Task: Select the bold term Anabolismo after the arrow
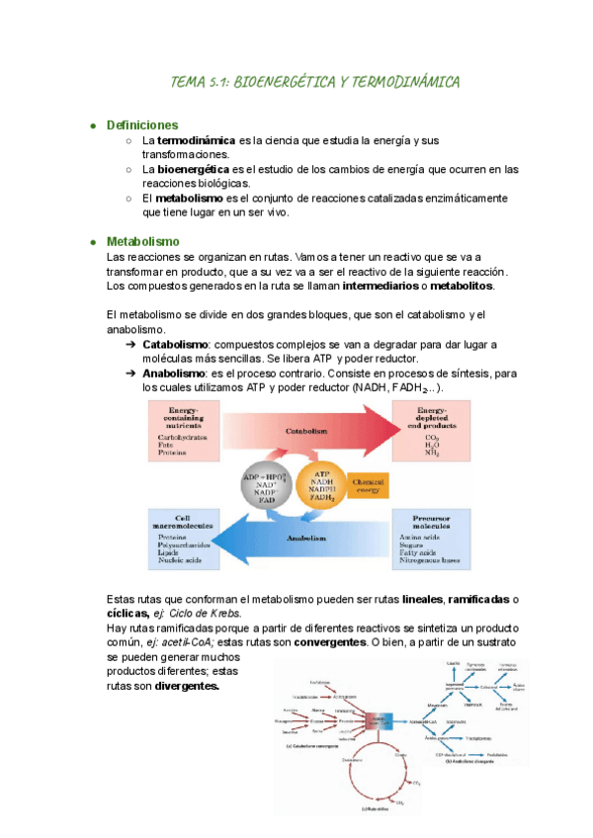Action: (x=174, y=374)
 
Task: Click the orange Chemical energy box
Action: (x=388, y=484)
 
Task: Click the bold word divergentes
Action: (x=188, y=686)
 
